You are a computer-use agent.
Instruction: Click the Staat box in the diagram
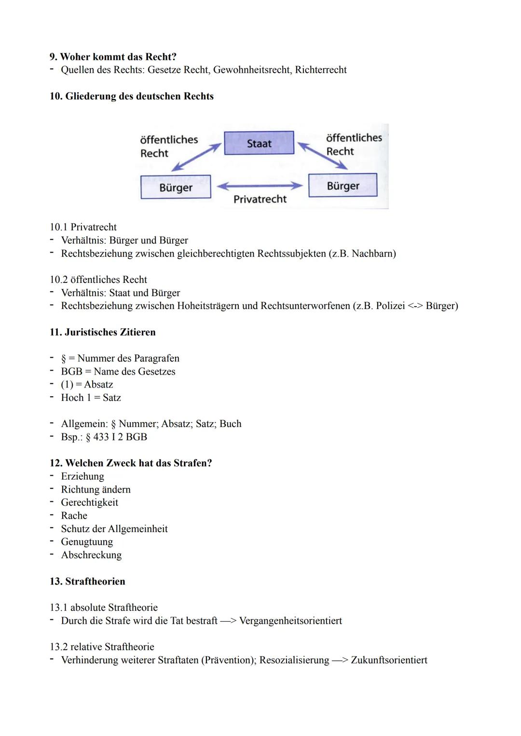coord(259,143)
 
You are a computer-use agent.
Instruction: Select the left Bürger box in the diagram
coord(176,187)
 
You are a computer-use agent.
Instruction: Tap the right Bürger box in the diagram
coord(343,186)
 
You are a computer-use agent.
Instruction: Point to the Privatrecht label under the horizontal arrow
coord(260,199)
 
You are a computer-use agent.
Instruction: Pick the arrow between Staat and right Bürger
coord(322,155)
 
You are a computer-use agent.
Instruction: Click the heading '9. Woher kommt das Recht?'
coord(113,57)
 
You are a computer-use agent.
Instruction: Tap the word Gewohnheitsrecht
coord(251,70)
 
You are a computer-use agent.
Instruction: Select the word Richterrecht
coord(321,70)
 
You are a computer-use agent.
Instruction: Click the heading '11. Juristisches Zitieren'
coord(102,332)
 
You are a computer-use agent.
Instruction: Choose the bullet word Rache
coord(74,516)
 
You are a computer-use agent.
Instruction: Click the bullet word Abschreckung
coord(91,555)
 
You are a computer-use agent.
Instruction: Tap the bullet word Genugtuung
coord(87,542)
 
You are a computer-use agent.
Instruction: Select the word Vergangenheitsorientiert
coord(290,621)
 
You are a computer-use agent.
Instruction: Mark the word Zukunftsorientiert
coord(389,660)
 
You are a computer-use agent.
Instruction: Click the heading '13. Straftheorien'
coord(87,581)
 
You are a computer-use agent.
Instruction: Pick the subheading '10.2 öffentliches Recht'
coord(98,280)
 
